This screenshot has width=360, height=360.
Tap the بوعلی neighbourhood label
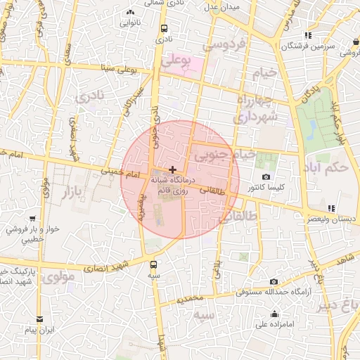(176, 63)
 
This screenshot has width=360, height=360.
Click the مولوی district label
(58, 277)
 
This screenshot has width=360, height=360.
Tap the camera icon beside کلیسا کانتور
(266, 176)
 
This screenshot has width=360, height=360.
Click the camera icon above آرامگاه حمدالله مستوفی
(274, 281)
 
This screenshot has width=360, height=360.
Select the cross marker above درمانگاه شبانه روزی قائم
(173, 169)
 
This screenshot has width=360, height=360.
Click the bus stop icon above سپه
(154, 265)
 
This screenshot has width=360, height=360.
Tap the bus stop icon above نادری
(164, 29)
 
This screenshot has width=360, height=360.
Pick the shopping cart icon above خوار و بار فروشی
(32, 219)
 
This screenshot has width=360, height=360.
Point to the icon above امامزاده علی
(274, 314)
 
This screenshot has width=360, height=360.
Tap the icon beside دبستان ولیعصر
(330, 208)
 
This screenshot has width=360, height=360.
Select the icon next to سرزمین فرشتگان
(308, 35)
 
